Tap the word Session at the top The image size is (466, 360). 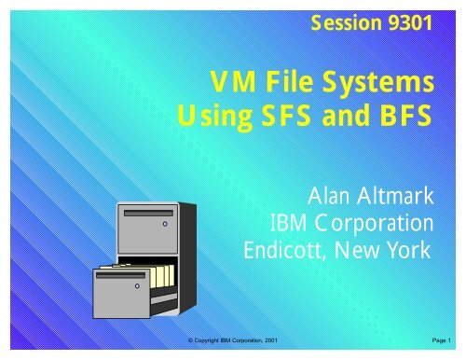pyautogui.click(x=344, y=23)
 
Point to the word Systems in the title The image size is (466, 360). pyautogui.click(x=386, y=85)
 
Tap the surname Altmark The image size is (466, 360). pyautogui.click(x=397, y=197)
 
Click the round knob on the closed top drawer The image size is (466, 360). pyautogui.click(x=164, y=225)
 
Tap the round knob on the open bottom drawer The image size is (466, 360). pyautogui.click(x=136, y=286)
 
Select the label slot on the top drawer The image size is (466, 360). pyautogui.click(x=149, y=213)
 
